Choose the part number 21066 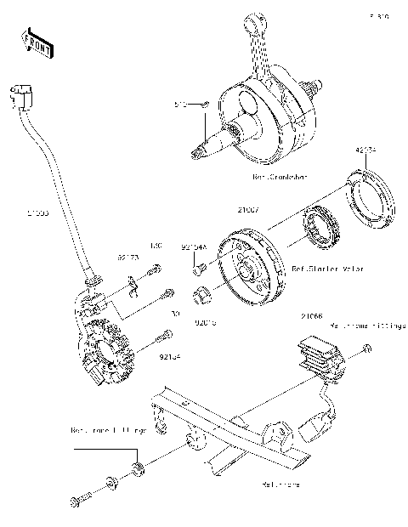point(311,315)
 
